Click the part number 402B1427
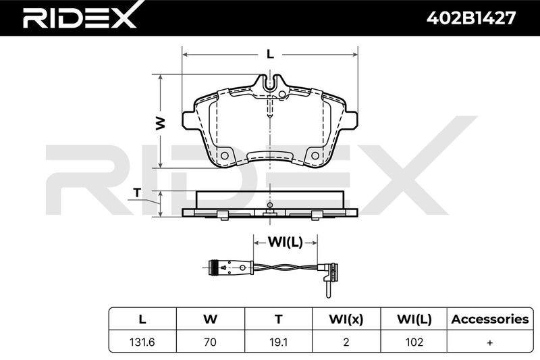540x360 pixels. click(x=471, y=18)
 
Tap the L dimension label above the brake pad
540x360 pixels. click(x=271, y=54)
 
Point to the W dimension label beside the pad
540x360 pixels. click(x=160, y=124)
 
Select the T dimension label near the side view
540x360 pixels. click(x=138, y=192)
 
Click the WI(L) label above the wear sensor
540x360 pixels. click(x=285, y=242)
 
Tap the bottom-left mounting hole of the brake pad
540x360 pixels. click(x=225, y=156)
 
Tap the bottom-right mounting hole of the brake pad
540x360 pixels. click(x=315, y=156)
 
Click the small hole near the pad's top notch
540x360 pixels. click(x=281, y=95)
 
